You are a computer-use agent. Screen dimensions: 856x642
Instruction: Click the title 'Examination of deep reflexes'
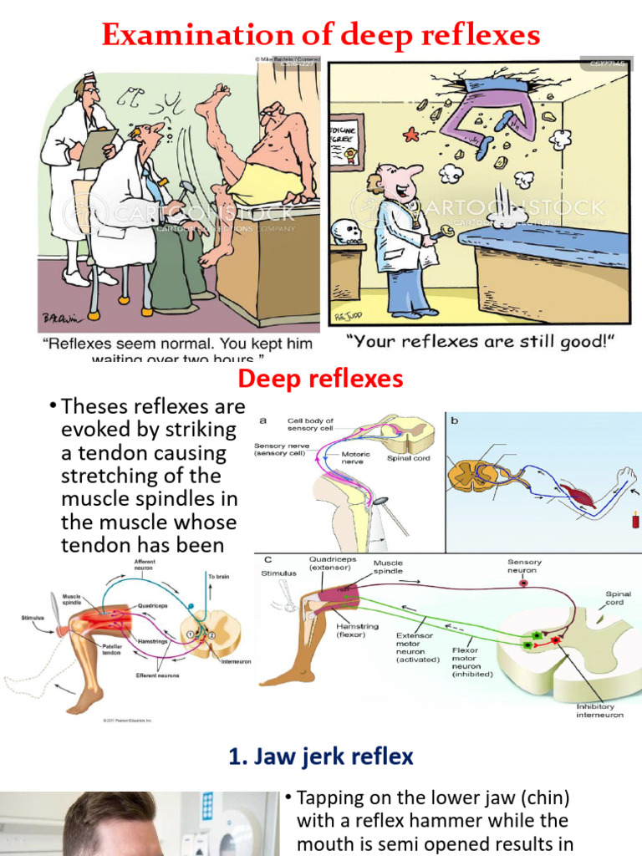(321, 35)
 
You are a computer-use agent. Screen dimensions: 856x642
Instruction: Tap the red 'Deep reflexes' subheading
(321, 379)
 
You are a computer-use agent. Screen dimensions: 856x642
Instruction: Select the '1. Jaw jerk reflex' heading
(321, 757)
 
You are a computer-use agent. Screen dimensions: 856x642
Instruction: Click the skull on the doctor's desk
(346, 232)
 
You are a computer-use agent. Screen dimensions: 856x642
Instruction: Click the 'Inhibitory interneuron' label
(599, 711)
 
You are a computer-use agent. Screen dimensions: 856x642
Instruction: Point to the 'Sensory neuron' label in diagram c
(524, 567)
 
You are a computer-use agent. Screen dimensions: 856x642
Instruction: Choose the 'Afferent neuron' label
(144, 565)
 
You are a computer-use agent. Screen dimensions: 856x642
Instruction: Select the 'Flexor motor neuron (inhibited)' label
(472, 661)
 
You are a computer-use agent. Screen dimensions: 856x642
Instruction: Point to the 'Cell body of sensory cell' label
(310, 425)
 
